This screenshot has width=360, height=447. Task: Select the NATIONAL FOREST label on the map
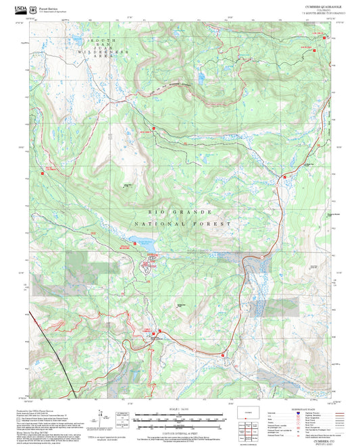pyautogui.click(x=182, y=223)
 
